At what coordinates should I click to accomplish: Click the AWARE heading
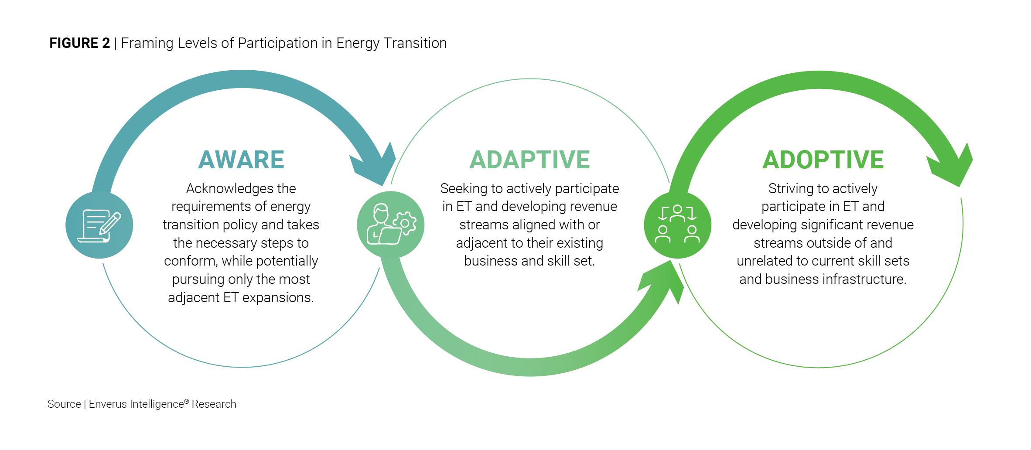(x=241, y=160)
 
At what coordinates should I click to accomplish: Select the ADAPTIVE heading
(x=529, y=160)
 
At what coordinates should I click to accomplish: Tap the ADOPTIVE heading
(x=823, y=160)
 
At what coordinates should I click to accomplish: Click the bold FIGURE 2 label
(x=79, y=43)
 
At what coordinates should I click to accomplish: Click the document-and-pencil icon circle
(x=99, y=225)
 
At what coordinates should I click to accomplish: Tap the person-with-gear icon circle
(x=390, y=225)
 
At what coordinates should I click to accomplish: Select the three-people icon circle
(x=677, y=225)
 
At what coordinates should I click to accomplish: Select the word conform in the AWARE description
(x=190, y=261)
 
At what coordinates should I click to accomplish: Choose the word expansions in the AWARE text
(x=278, y=297)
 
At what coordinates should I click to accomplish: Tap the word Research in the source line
(x=214, y=404)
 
